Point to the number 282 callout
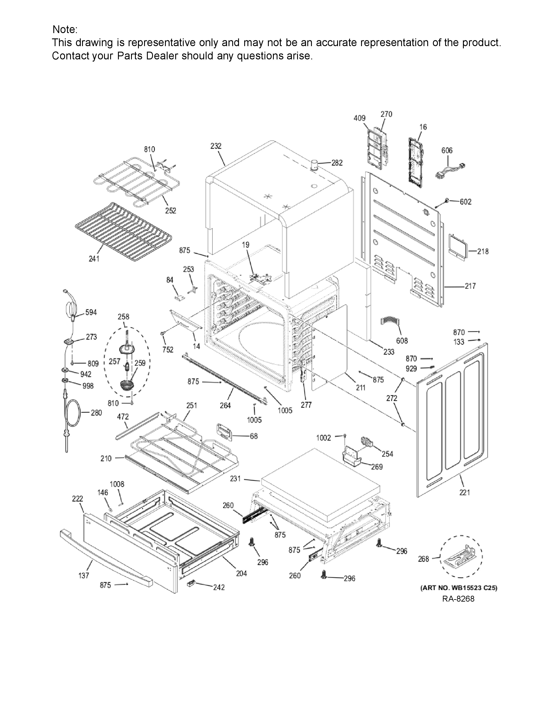[x=337, y=163]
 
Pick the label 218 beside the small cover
[x=483, y=252]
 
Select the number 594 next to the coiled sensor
[x=91, y=312]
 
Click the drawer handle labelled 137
[x=105, y=559]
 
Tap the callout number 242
[x=219, y=587]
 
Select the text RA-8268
[x=458, y=599]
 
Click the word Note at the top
[x=65, y=30]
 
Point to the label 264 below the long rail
[x=225, y=406]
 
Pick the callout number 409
[x=359, y=118]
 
